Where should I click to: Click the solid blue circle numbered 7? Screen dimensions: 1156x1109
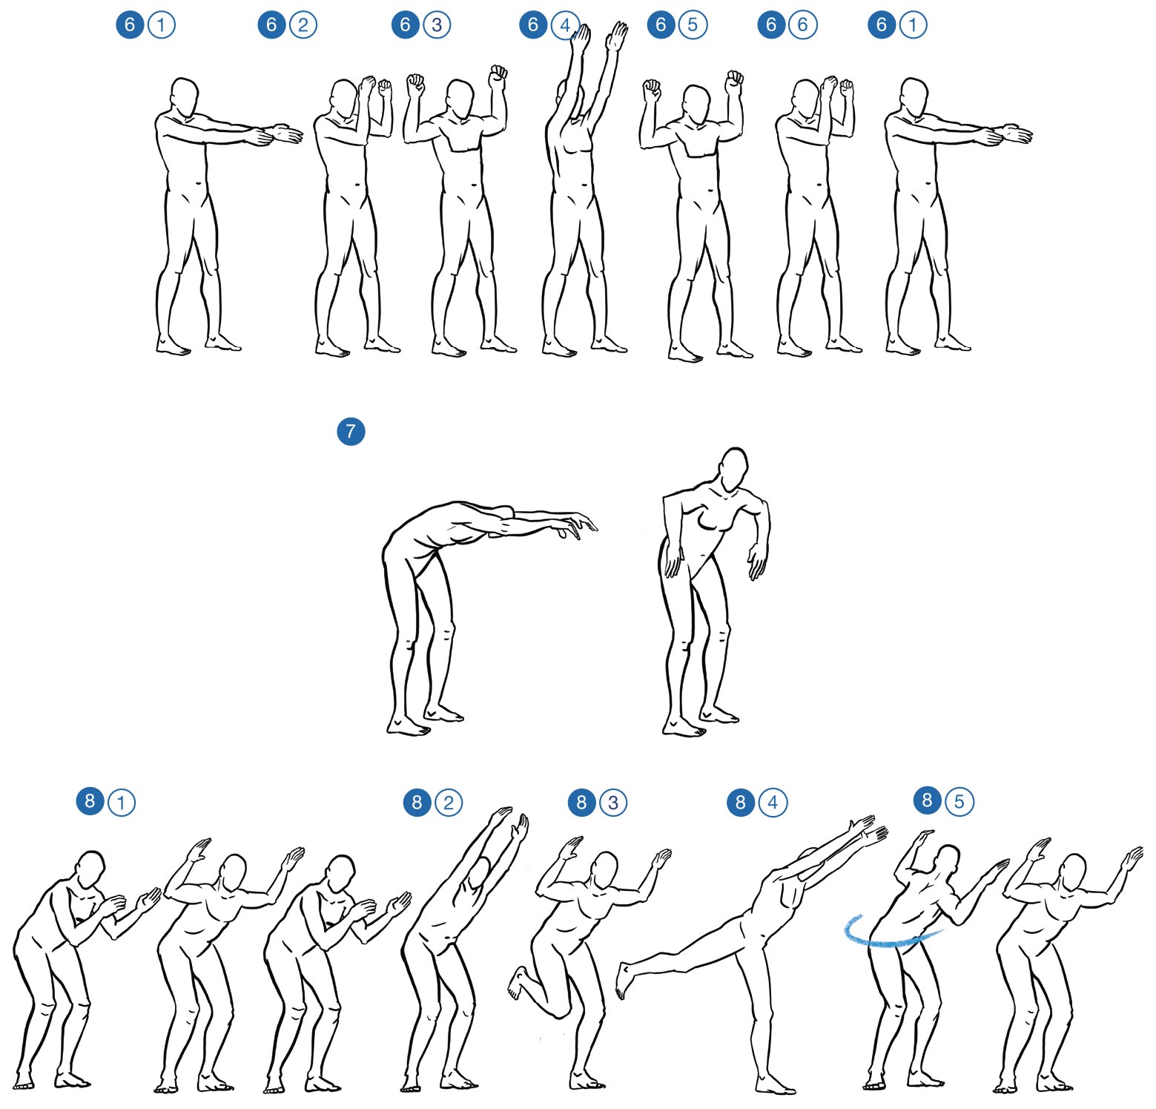pyautogui.click(x=351, y=431)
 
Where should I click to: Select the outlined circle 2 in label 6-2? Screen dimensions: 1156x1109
pyautogui.click(x=303, y=25)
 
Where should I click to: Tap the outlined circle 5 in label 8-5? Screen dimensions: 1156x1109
pyautogui.click(x=960, y=802)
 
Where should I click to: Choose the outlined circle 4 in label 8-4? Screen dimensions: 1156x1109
pyautogui.click(x=773, y=803)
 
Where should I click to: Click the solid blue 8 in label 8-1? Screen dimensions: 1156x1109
pyautogui.click(x=90, y=801)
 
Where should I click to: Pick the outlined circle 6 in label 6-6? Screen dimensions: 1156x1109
pyautogui.click(x=802, y=25)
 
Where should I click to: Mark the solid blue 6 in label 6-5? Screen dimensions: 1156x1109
pyautogui.click(x=661, y=25)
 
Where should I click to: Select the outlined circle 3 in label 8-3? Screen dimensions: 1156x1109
pyautogui.click(x=612, y=803)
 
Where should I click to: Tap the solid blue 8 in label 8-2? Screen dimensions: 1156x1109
pyautogui.click(x=417, y=802)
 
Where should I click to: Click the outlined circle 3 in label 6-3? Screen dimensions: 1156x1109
pyautogui.click(x=437, y=25)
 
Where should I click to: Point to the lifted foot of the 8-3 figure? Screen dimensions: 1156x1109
pyautogui.click(x=517, y=983)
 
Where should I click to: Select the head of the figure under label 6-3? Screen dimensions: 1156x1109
pyautogui.click(x=459, y=99)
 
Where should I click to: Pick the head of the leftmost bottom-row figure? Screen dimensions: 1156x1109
pyautogui.click(x=90, y=869)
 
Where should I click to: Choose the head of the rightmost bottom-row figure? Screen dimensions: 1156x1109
pyautogui.click(x=1074, y=873)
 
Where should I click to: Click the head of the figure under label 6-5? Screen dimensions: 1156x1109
pyautogui.click(x=696, y=105)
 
